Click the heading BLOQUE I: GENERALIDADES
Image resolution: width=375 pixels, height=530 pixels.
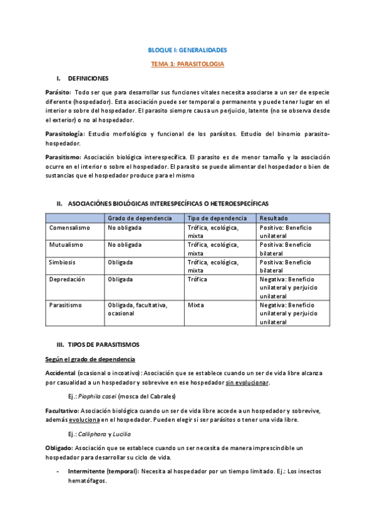pyautogui.click(x=187, y=49)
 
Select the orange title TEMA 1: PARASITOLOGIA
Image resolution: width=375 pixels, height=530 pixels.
pyautogui.click(x=187, y=64)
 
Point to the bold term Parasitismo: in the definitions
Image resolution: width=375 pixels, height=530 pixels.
pyautogui.click(x=63, y=157)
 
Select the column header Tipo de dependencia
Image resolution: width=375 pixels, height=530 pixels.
pyautogui.click(x=217, y=218)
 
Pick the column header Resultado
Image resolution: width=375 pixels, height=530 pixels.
pyautogui.click(x=274, y=218)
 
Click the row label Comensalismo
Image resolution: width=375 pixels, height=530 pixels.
pyautogui.click(x=69, y=227)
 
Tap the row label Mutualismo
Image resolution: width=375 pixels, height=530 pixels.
pyautogui.click(x=66, y=245)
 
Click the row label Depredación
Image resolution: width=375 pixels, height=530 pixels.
pyautogui.click(x=67, y=279)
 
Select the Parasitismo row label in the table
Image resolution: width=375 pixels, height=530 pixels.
pyautogui.click(x=66, y=305)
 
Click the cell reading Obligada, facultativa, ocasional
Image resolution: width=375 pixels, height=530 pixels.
pyautogui.click(x=137, y=309)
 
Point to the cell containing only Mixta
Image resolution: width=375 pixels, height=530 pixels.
pyautogui.click(x=196, y=305)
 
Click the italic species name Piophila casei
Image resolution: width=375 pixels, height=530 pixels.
pyautogui.click(x=97, y=396)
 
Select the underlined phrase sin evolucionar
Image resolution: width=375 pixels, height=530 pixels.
pyautogui.click(x=248, y=382)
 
